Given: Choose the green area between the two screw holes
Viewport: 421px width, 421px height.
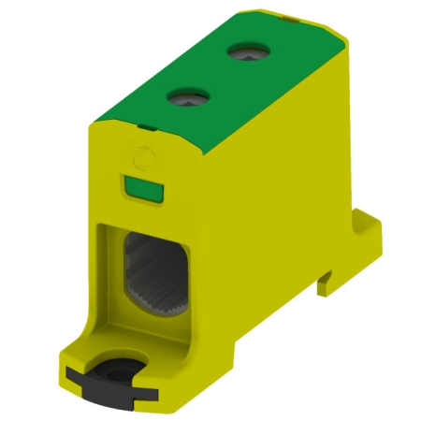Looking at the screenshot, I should [x=215, y=75].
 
